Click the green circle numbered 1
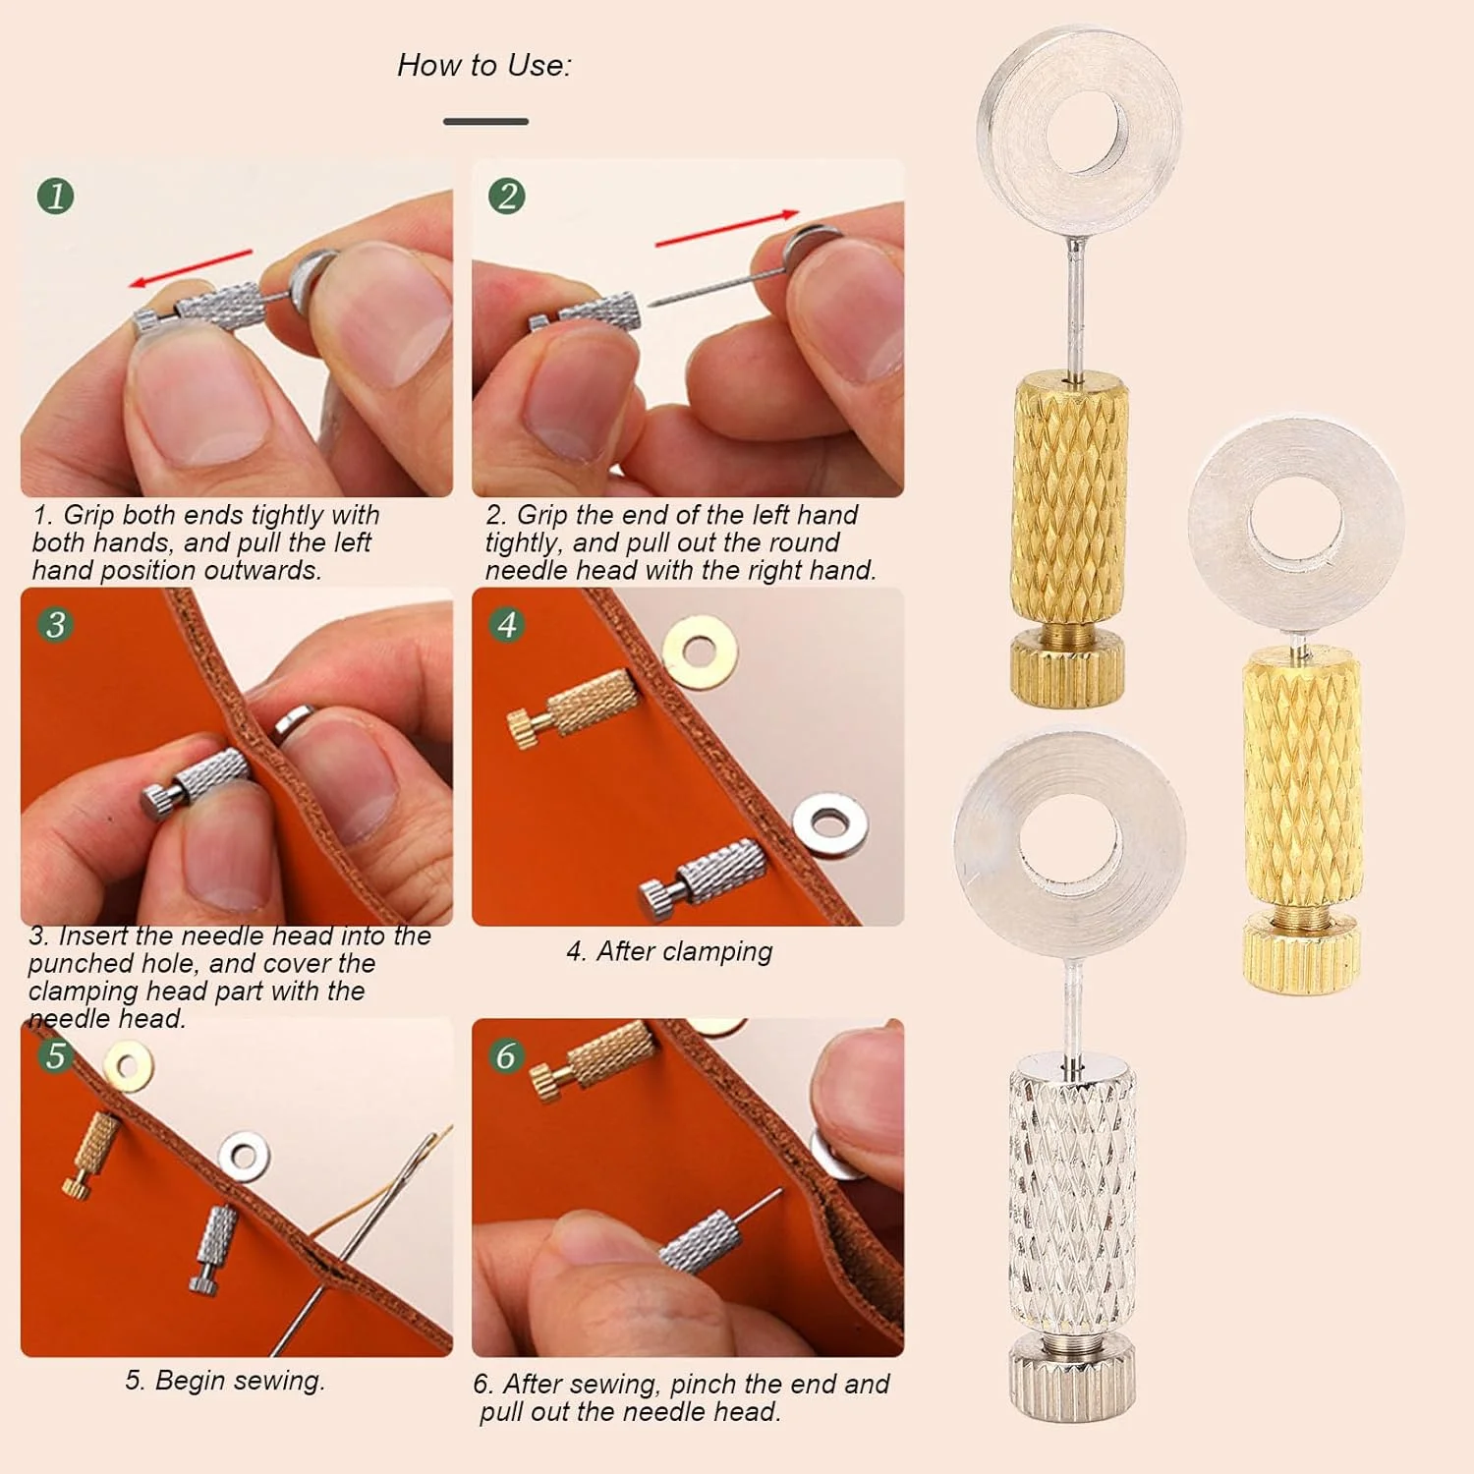pyautogui.click(x=56, y=196)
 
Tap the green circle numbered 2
pyautogui.click(x=507, y=196)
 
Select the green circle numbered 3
pyautogui.click(x=56, y=624)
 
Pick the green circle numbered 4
pyautogui.click(x=507, y=624)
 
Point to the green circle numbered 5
pyautogui.click(x=56, y=1054)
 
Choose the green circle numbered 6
pyautogui.click(x=507, y=1054)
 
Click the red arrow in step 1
pyautogui.click(x=191, y=268)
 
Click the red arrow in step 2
pyautogui.click(x=727, y=227)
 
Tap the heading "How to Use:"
pyautogui.click(x=483, y=65)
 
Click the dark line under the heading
pyautogui.click(x=485, y=121)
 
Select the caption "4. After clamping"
pyautogui.click(x=669, y=951)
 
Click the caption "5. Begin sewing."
pyautogui.click(x=225, y=1381)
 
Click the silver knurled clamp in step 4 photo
pyautogui.click(x=702, y=873)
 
